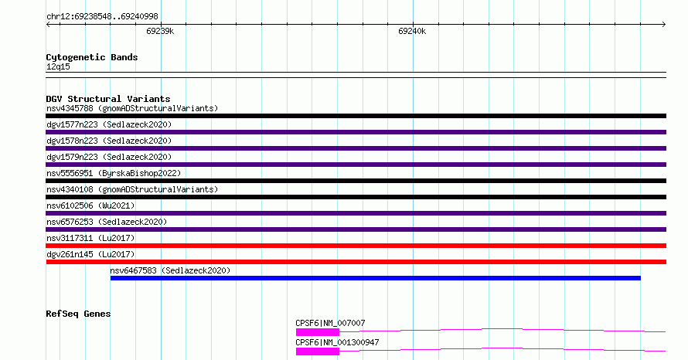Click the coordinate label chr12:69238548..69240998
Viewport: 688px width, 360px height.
(x=102, y=17)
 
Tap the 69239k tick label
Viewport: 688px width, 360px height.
(x=160, y=31)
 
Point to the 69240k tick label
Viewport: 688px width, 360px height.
(x=412, y=31)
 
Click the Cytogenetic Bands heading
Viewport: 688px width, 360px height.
(x=92, y=57)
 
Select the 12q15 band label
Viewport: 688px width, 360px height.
(x=58, y=66)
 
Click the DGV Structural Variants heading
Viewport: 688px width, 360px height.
(x=108, y=99)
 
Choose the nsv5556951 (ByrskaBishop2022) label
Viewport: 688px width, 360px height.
(x=114, y=173)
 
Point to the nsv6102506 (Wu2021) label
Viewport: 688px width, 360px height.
(x=90, y=205)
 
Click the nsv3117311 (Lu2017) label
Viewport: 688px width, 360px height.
(x=90, y=238)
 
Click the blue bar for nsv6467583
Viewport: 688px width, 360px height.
(x=376, y=278)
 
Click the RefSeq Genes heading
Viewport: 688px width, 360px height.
(x=78, y=314)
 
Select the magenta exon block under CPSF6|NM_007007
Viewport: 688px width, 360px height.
(x=317, y=332)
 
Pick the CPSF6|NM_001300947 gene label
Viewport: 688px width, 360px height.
(x=337, y=342)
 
